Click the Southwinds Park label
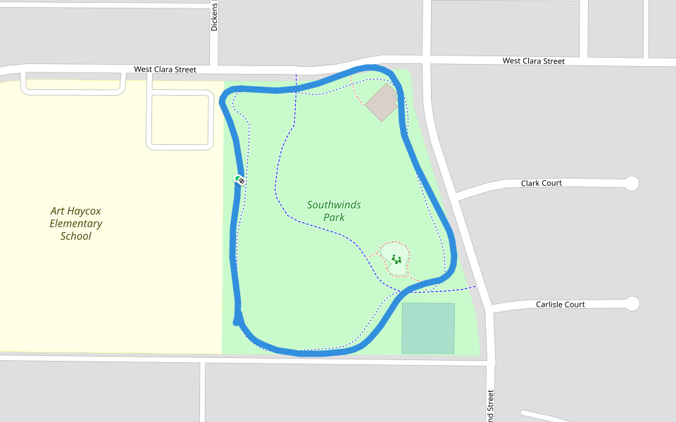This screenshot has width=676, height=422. pos(334,211)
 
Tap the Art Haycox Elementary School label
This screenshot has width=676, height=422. pos(76,224)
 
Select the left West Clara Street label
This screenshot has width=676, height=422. pos(165,70)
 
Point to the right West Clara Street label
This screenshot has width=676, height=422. pos(533,61)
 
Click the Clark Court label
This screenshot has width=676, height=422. pos(542,184)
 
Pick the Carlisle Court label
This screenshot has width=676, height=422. pos(561,305)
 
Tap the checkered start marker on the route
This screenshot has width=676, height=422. pos(241,181)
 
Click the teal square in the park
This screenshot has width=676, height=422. pos(428,328)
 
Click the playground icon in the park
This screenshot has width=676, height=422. pos(396,260)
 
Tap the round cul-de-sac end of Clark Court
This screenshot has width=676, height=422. pos(632,184)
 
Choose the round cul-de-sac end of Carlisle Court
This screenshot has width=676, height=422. pos(632,304)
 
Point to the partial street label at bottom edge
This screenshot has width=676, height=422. pos(490,407)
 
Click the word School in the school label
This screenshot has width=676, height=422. pos(76,236)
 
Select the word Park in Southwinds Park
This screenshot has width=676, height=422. pos(334,218)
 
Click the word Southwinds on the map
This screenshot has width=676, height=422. pos(334,205)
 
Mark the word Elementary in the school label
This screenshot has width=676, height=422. pos(76,224)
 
